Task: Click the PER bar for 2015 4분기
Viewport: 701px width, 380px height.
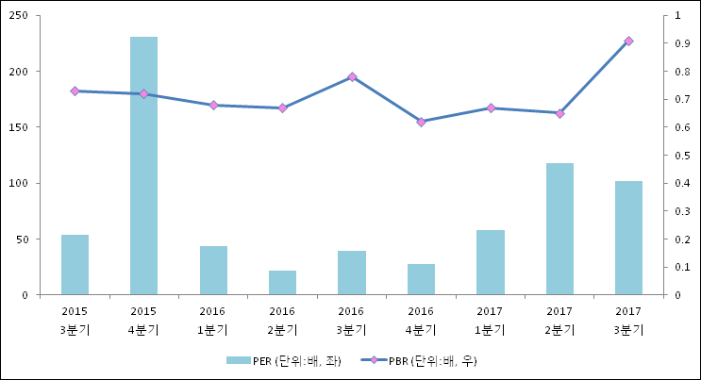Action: pyautogui.click(x=143, y=166)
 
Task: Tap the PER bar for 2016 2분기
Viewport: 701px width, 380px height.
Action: pyautogui.click(x=282, y=283)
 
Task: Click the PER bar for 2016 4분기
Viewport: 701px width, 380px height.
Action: pyautogui.click(x=421, y=279)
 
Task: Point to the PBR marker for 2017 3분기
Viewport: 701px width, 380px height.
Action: pyautogui.click(x=628, y=41)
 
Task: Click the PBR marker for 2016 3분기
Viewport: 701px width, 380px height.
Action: pyautogui.click(x=352, y=77)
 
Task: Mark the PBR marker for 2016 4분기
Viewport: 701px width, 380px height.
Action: pyautogui.click(x=421, y=122)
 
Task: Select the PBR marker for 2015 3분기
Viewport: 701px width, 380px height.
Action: pyautogui.click(x=75, y=91)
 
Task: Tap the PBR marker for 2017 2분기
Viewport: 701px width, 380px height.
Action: pyautogui.click(x=559, y=113)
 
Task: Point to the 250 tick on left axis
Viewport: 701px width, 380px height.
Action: pyautogui.click(x=19, y=16)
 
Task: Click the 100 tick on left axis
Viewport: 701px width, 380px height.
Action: pyautogui.click(x=19, y=183)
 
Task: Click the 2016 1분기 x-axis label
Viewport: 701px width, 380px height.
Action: pyautogui.click(x=213, y=320)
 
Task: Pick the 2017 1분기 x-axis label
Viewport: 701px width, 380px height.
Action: pyautogui.click(x=490, y=320)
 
